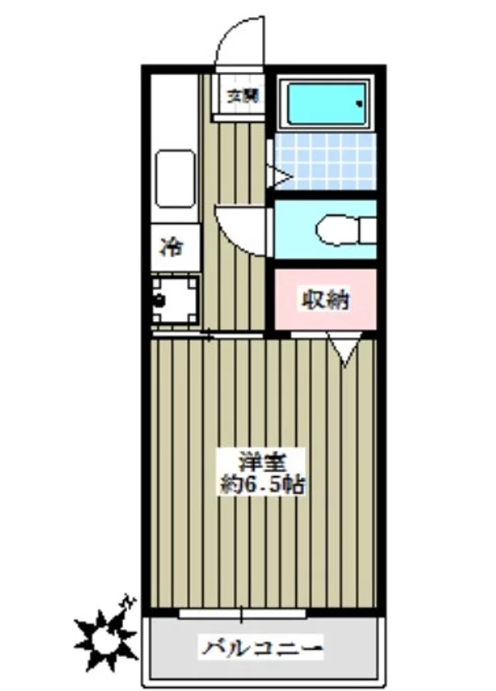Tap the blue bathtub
pos(326,104)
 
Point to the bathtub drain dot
pos(360,104)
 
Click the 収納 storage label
pos(326,299)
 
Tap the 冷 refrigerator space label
pos(172,247)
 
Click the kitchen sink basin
pos(176,179)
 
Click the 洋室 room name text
pos(262,462)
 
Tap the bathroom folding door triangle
pos(280,177)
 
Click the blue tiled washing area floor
pos(326,161)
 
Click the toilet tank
pos(368,230)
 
